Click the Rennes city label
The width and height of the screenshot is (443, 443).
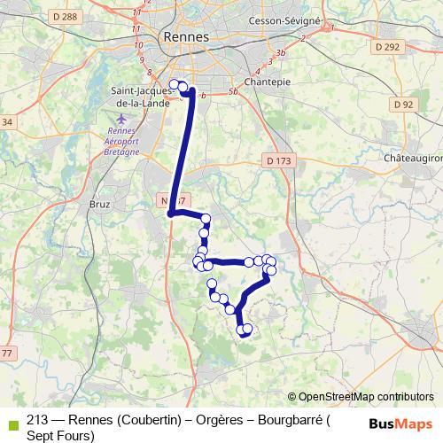[x=186, y=37]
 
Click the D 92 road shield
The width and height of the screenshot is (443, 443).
[x=403, y=105]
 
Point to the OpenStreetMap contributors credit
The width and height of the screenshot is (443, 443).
[x=363, y=396]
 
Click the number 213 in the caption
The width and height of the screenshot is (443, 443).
[x=38, y=420]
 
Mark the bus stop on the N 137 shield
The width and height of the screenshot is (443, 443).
[x=170, y=214]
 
